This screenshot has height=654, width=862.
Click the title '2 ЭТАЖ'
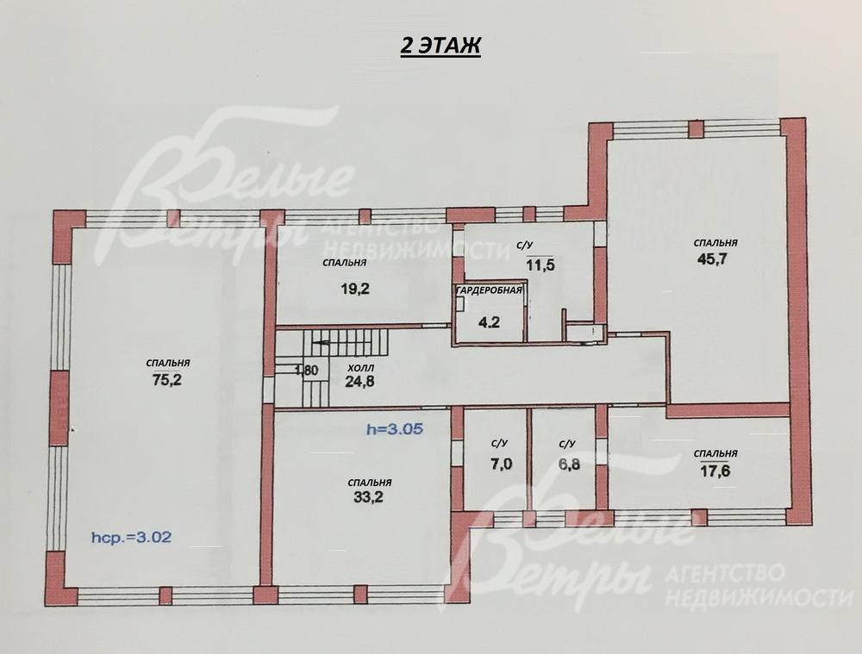(440, 46)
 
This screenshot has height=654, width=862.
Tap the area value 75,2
(167, 381)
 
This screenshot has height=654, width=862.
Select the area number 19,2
(355, 289)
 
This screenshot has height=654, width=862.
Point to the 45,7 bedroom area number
(712, 258)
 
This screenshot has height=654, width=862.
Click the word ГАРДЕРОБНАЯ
(488, 290)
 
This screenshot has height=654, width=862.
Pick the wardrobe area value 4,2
(489, 322)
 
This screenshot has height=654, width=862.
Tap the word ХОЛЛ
(361, 368)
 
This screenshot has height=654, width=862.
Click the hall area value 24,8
(359, 381)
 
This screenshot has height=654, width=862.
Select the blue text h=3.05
(395, 429)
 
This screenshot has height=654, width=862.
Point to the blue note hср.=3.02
(131, 537)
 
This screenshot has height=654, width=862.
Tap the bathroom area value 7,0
(501, 464)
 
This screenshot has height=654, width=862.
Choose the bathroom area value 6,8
(569, 464)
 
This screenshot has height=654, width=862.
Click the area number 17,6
(715, 470)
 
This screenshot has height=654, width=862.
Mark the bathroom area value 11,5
(540, 265)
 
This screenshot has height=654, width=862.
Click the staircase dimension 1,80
(306, 371)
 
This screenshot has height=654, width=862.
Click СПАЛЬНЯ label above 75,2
(168, 364)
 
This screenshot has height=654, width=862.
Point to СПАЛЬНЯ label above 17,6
(715, 453)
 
